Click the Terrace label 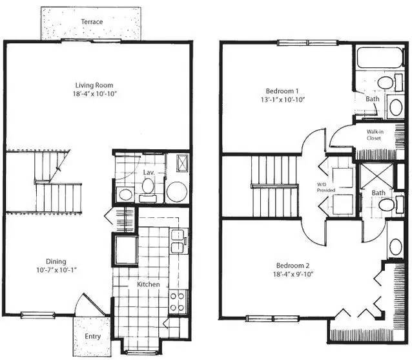[92, 21]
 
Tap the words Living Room [94, 85]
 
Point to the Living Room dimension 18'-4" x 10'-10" [94, 94]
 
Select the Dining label [56, 262]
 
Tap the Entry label [93, 336]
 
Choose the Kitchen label [149, 284]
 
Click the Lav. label [149, 173]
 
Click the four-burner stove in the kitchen [178, 302]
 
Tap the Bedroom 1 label [282, 91]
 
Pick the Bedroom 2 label [293, 266]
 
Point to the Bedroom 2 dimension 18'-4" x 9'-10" [293, 274]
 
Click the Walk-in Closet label [375, 134]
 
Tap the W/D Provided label [326, 187]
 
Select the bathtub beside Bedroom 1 [380, 58]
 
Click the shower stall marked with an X [376, 176]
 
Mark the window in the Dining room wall [38, 315]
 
